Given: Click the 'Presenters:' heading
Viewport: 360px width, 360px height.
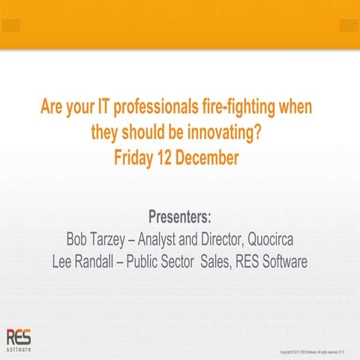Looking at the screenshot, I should click(180, 217).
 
